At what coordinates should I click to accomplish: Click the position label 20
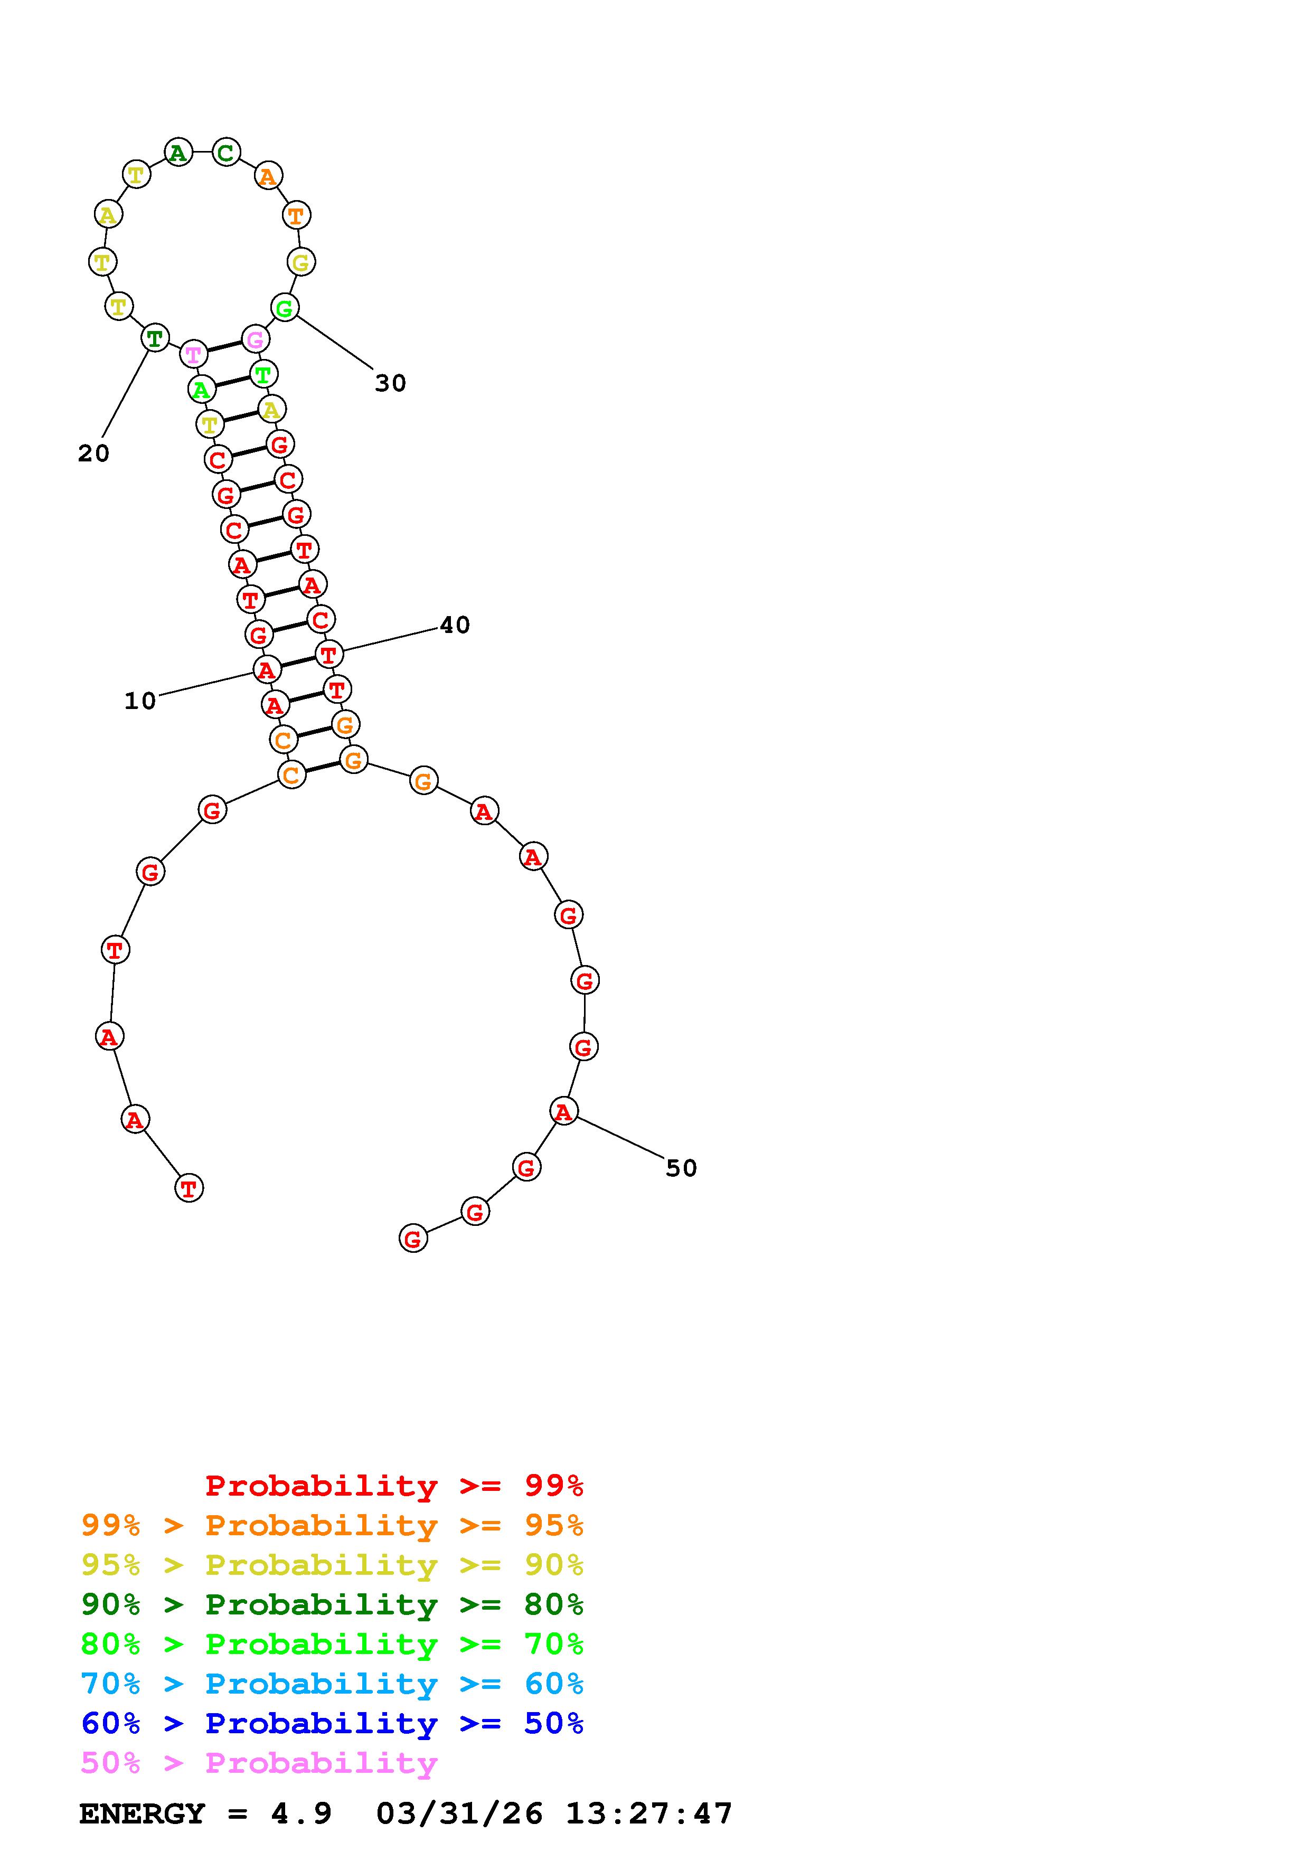(93, 453)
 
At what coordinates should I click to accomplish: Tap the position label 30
(390, 383)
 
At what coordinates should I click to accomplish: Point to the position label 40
(455, 625)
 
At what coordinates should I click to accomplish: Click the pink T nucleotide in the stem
(194, 353)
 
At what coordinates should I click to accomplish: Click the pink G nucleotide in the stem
(255, 339)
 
